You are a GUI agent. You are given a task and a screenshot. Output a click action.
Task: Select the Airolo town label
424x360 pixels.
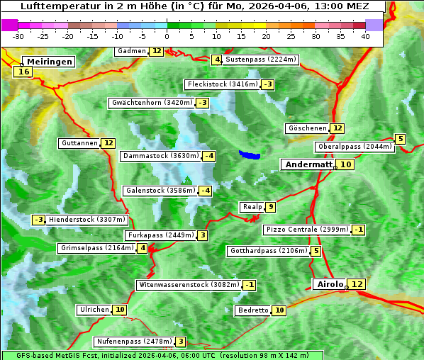pos(330,284)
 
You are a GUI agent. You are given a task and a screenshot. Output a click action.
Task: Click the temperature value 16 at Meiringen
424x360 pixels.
pos(23,72)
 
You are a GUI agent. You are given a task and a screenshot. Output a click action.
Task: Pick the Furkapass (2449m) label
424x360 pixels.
pos(160,235)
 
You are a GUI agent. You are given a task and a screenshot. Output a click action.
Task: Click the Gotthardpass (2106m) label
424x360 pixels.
pos(269,251)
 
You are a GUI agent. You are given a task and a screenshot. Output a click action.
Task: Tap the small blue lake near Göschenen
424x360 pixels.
pos(249,154)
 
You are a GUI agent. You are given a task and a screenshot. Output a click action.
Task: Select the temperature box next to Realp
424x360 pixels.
pos(271,207)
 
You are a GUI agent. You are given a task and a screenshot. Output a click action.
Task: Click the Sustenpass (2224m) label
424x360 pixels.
pos(262,60)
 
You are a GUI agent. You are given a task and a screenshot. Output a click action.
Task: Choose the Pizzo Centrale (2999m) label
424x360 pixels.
pos(307,230)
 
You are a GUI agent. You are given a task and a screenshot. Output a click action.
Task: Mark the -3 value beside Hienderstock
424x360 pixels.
pos(39,220)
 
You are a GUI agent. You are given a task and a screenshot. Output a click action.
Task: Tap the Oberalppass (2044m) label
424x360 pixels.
pos(355,147)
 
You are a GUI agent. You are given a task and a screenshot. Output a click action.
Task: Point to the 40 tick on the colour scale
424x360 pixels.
pos(365,36)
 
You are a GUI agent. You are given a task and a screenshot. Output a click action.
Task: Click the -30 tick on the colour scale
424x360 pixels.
pos(18,36)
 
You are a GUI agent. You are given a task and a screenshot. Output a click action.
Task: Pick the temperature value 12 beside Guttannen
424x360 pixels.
pos(108,143)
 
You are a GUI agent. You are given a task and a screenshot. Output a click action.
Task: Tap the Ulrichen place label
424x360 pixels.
pos(94,310)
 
